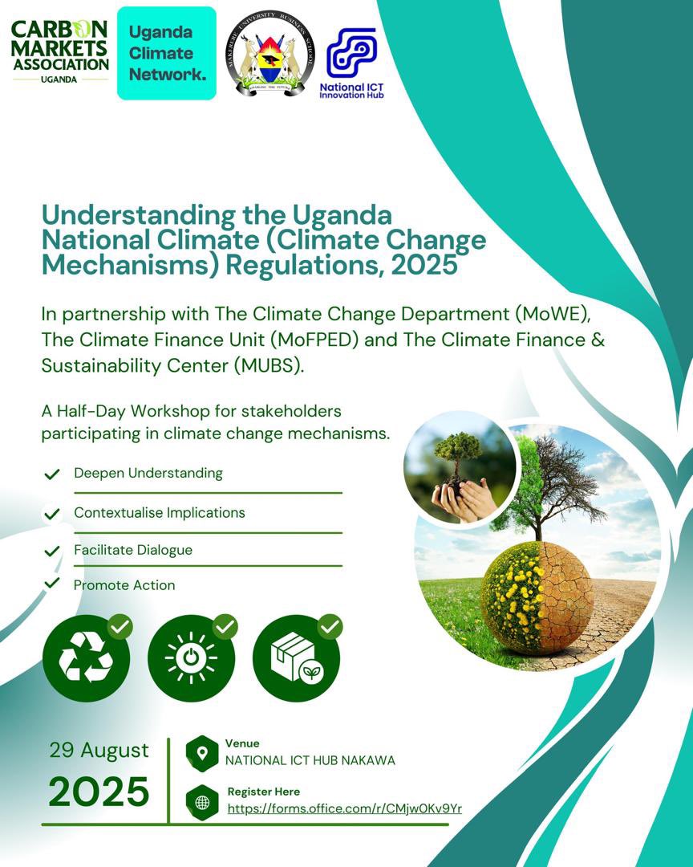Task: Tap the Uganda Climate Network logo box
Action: click(167, 53)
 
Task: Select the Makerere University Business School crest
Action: click(269, 54)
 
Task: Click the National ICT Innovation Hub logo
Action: click(351, 63)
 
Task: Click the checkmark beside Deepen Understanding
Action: click(52, 474)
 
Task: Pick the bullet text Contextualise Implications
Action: click(160, 512)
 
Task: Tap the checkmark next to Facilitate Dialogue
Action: click(52, 551)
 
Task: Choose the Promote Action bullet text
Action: click(124, 585)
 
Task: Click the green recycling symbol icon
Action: click(86, 658)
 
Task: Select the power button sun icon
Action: click(191, 658)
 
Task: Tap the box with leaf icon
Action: click(296, 658)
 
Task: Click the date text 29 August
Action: click(99, 750)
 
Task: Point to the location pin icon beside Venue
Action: click(202, 753)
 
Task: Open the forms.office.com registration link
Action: click(345, 808)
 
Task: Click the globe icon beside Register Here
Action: click(202, 801)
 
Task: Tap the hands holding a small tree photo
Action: click(459, 468)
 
